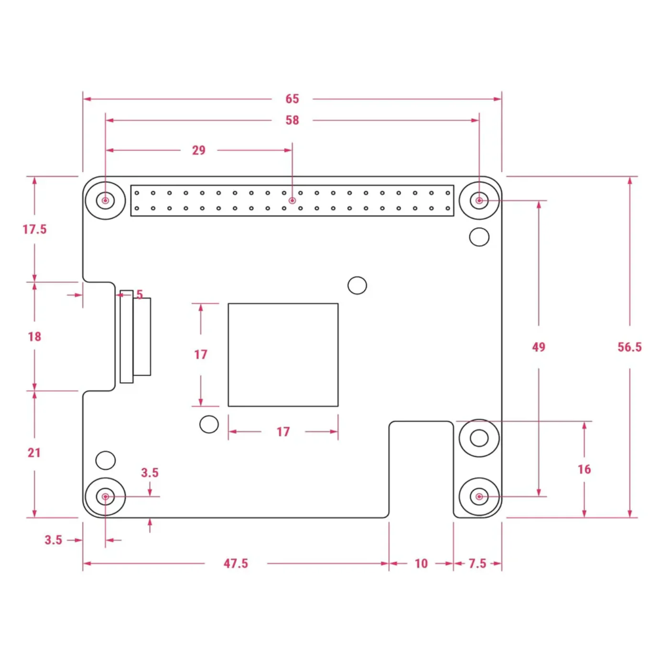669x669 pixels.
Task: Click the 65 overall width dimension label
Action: (292, 99)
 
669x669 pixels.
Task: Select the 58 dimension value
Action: (292, 120)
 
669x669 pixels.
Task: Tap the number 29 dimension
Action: (199, 151)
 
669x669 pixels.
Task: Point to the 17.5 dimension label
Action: (34, 229)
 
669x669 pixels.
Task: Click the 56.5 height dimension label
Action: (629, 347)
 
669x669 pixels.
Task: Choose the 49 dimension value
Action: (539, 347)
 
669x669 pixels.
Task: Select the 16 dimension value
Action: (584, 469)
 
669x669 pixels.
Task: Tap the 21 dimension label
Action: (34, 453)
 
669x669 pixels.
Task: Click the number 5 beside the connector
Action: (140, 295)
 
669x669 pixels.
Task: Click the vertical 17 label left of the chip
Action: (200, 355)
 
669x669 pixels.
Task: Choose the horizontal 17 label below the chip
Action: (283, 432)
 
